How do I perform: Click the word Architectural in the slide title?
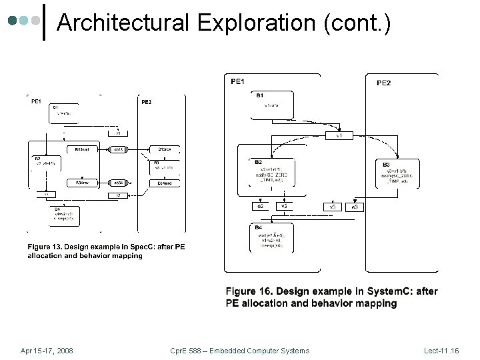click(123, 23)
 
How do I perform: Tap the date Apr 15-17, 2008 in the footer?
click(47, 350)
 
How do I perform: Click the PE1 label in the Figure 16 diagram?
click(237, 81)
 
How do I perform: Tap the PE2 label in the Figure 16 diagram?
click(383, 83)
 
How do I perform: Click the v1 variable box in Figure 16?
click(339, 135)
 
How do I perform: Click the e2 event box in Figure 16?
click(261, 207)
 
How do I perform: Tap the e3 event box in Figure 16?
click(355, 207)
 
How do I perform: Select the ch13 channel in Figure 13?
click(118, 149)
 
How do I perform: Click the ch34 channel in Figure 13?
click(118, 182)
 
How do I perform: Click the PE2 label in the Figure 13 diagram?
click(146, 102)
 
